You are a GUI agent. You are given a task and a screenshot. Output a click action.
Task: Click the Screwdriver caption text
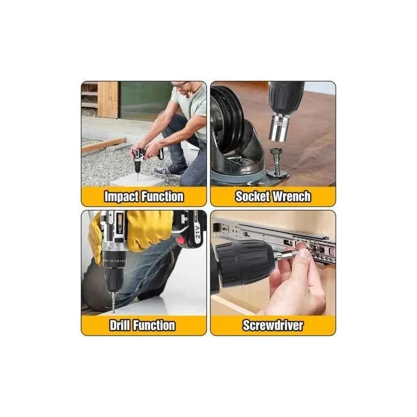pyautogui.click(x=273, y=326)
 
